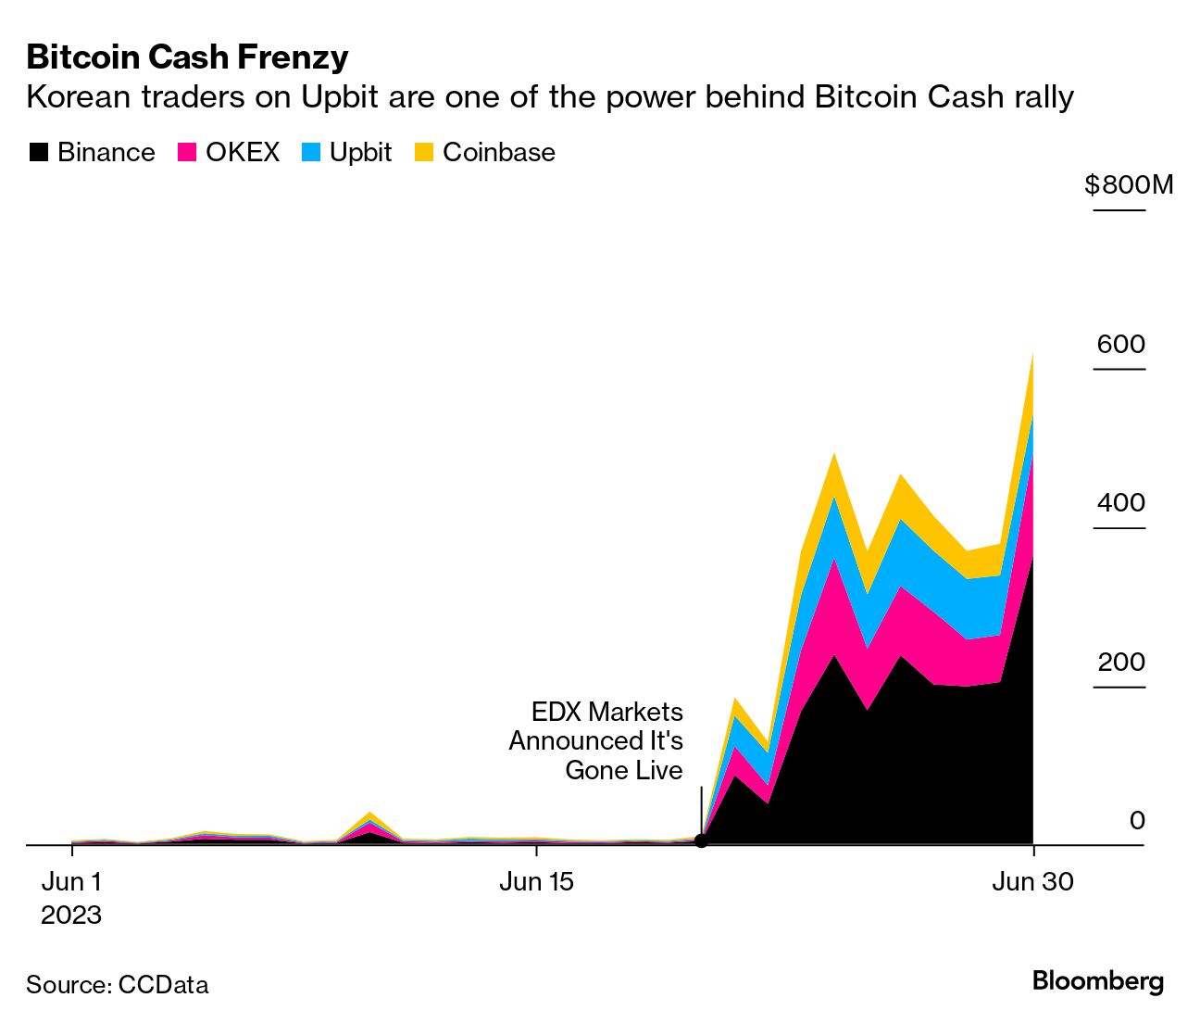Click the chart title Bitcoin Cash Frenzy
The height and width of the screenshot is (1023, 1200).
pyautogui.click(x=187, y=57)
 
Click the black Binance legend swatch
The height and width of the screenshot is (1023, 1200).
pyautogui.click(x=38, y=153)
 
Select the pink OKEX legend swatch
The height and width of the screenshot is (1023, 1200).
pyautogui.click(x=188, y=153)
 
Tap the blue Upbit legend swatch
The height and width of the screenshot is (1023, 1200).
pyautogui.click(x=311, y=153)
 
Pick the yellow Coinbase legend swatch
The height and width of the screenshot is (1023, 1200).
pyautogui.click(x=424, y=153)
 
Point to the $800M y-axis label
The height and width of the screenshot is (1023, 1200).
pyautogui.click(x=1128, y=185)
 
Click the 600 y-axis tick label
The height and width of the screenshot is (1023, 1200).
pyautogui.click(x=1120, y=345)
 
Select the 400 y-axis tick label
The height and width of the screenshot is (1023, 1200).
pyautogui.click(x=1120, y=503)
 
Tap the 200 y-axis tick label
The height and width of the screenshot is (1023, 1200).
pyautogui.click(x=1120, y=663)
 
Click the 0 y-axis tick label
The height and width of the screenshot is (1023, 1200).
pyautogui.click(x=1136, y=820)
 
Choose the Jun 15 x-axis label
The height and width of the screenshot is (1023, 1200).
pyautogui.click(x=536, y=881)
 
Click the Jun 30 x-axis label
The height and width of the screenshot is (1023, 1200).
pyautogui.click(x=1032, y=881)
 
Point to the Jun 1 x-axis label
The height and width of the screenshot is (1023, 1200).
pyautogui.click(x=71, y=881)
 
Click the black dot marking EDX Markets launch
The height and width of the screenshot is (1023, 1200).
pyautogui.click(x=701, y=840)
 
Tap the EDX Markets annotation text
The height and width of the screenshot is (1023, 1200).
pyautogui.click(x=596, y=740)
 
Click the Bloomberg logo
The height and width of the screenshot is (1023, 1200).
pyautogui.click(x=1097, y=981)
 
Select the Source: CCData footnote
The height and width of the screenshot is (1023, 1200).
pyautogui.click(x=118, y=984)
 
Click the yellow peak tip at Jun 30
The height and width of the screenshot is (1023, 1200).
pyautogui.click(x=1032, y=356)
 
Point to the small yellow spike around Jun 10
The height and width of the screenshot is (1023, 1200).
pyautogui.click(x=369, y=815)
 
